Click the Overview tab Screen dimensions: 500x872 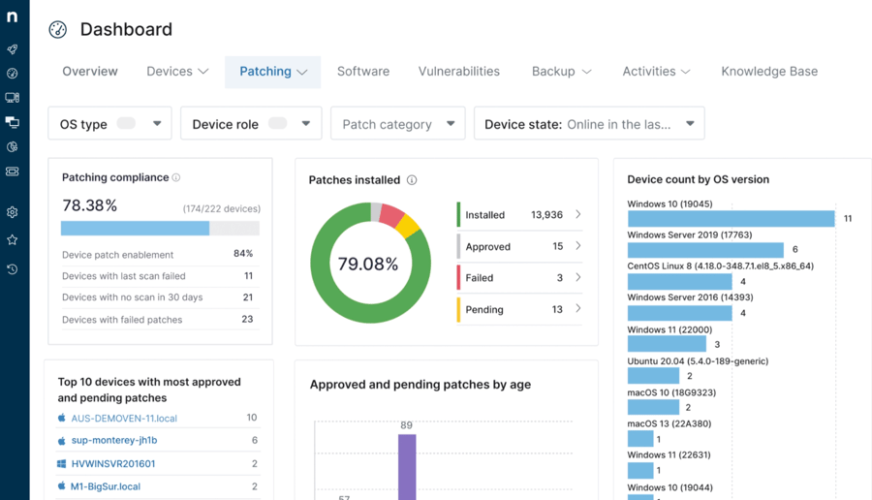pos(90,72)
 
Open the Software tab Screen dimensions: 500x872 pos(363,72)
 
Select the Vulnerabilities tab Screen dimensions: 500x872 pos(459,72)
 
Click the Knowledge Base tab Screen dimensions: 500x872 pos(769,72)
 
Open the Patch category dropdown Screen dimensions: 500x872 pos(398,124)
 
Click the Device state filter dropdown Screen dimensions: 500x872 pos(589,124)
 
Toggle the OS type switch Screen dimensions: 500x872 pos(126,124)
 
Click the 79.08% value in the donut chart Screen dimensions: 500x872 pos(367,264)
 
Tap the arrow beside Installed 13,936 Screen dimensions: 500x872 pos(578,214)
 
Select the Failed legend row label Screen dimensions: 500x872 pos(481,278)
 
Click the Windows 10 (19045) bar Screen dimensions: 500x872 pos(731,219)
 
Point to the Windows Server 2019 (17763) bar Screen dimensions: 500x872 pos(705,250)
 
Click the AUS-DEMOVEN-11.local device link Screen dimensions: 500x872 pos(124,419)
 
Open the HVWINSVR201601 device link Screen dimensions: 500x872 pos(113,464)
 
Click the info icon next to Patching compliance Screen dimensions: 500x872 pos(176,178)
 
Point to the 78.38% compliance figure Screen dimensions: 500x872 pos(90,205)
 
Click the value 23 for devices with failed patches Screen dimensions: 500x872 pos(247,319)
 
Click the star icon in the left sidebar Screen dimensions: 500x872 pos(13,239)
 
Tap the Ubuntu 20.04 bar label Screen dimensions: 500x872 pos(698,361)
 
